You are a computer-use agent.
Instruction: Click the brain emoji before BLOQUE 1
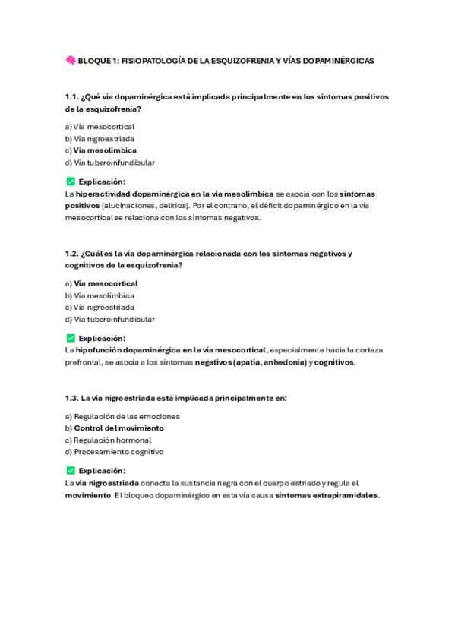click(70, 61)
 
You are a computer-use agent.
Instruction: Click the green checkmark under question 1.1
click(71, 182)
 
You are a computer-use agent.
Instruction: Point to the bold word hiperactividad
click(106, 194)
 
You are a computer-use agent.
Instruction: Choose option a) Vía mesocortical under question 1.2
click(101, 283)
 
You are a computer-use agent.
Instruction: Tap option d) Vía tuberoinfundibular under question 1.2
click(110, 320)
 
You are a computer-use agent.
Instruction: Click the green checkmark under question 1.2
click(71, 338)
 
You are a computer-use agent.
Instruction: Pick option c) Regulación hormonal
click(108, 440)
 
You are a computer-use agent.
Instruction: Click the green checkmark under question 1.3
click(71, 471)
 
